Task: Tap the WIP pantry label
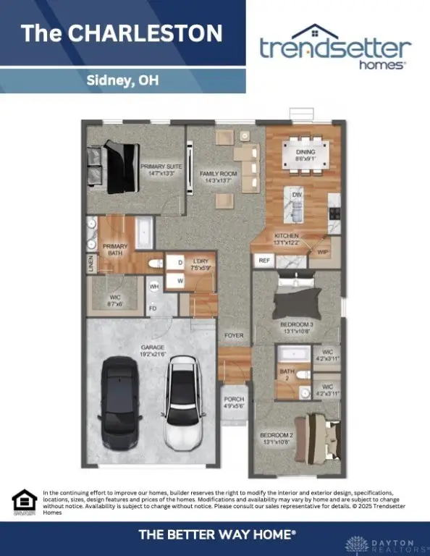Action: point(323,250)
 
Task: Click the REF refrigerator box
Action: point(264,260)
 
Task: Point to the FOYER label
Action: point(233,336)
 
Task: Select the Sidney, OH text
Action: point(122,80)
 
